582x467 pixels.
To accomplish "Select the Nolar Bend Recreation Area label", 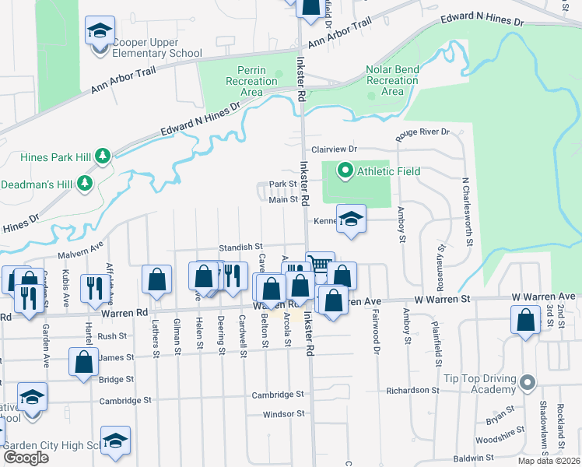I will [x=392, y=80].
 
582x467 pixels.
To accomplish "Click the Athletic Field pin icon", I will [x=344, y=170].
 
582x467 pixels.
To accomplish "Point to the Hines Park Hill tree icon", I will [x=103, y=157].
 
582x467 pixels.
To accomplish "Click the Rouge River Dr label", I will [x=423, y=132].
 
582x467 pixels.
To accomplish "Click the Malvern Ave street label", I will [x=81, y=254].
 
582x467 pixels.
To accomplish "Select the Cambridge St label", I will [x=277, y=395].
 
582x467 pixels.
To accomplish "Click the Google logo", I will [x=26, y=458].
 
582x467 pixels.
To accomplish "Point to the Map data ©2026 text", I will [x=549, y=461].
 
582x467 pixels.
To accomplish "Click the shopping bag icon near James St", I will [x=84, y=363].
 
